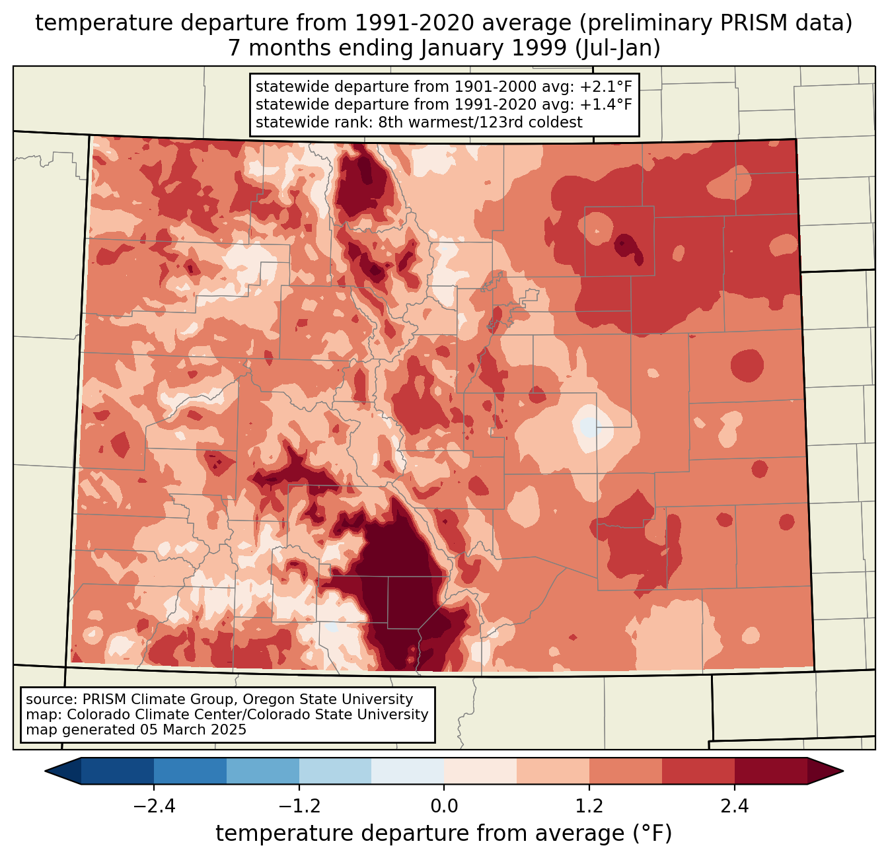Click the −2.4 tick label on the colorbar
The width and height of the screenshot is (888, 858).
(154, 806)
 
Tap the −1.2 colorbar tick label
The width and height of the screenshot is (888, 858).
(299, 806)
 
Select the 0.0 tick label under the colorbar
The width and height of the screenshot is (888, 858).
(444, 806)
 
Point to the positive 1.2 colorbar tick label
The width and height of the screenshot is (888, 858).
(589, 806)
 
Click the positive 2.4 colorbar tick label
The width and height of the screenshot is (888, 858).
(735, 806)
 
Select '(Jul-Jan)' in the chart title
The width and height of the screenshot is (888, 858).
(618, 48)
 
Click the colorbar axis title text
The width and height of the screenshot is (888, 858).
(444, 834)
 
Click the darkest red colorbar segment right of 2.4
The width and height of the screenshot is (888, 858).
(770, 771)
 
